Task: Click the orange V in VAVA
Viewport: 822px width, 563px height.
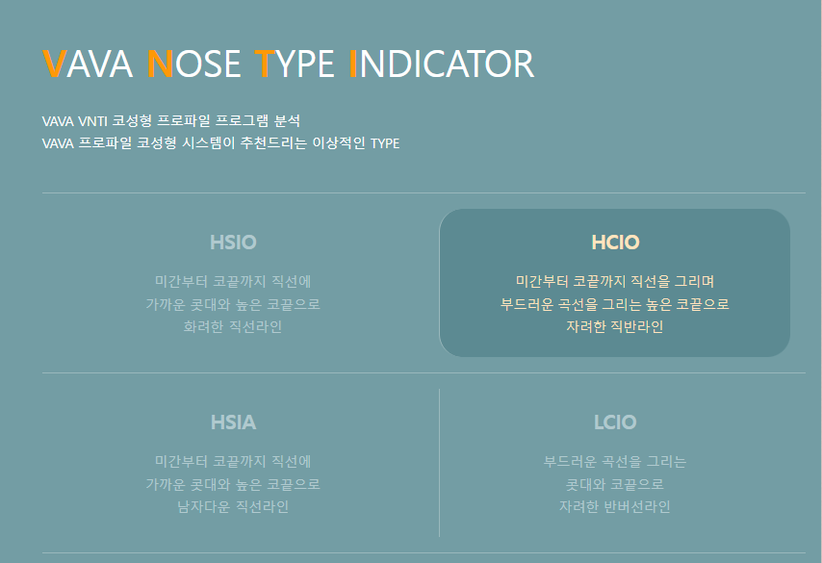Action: (55, 64)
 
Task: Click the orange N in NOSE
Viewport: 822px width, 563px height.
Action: (160, 64)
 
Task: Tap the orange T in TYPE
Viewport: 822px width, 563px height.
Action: (264, 64)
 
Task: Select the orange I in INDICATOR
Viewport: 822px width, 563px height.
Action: (352, 64)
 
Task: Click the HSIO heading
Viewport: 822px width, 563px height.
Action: (233, 243)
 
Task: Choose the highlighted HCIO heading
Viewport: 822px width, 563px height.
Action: (615, 243)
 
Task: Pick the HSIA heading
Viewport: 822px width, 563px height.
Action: (233, 422)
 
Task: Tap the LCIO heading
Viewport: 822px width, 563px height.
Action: (615, 422)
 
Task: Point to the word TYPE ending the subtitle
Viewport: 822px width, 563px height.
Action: (384, 144)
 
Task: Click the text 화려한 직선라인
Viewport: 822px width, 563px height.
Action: (233, 326)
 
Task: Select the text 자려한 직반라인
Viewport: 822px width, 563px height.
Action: (615, 326)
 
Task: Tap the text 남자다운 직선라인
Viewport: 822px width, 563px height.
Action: (233, 506)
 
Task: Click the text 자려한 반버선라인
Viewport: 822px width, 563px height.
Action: (615, 506)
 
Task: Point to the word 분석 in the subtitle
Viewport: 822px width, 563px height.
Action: (287, 121)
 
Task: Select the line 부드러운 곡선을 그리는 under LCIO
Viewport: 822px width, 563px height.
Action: (615, 462)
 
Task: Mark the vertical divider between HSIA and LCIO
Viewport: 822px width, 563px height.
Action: (439, 463)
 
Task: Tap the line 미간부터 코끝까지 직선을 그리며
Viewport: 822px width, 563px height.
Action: (615, 282)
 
